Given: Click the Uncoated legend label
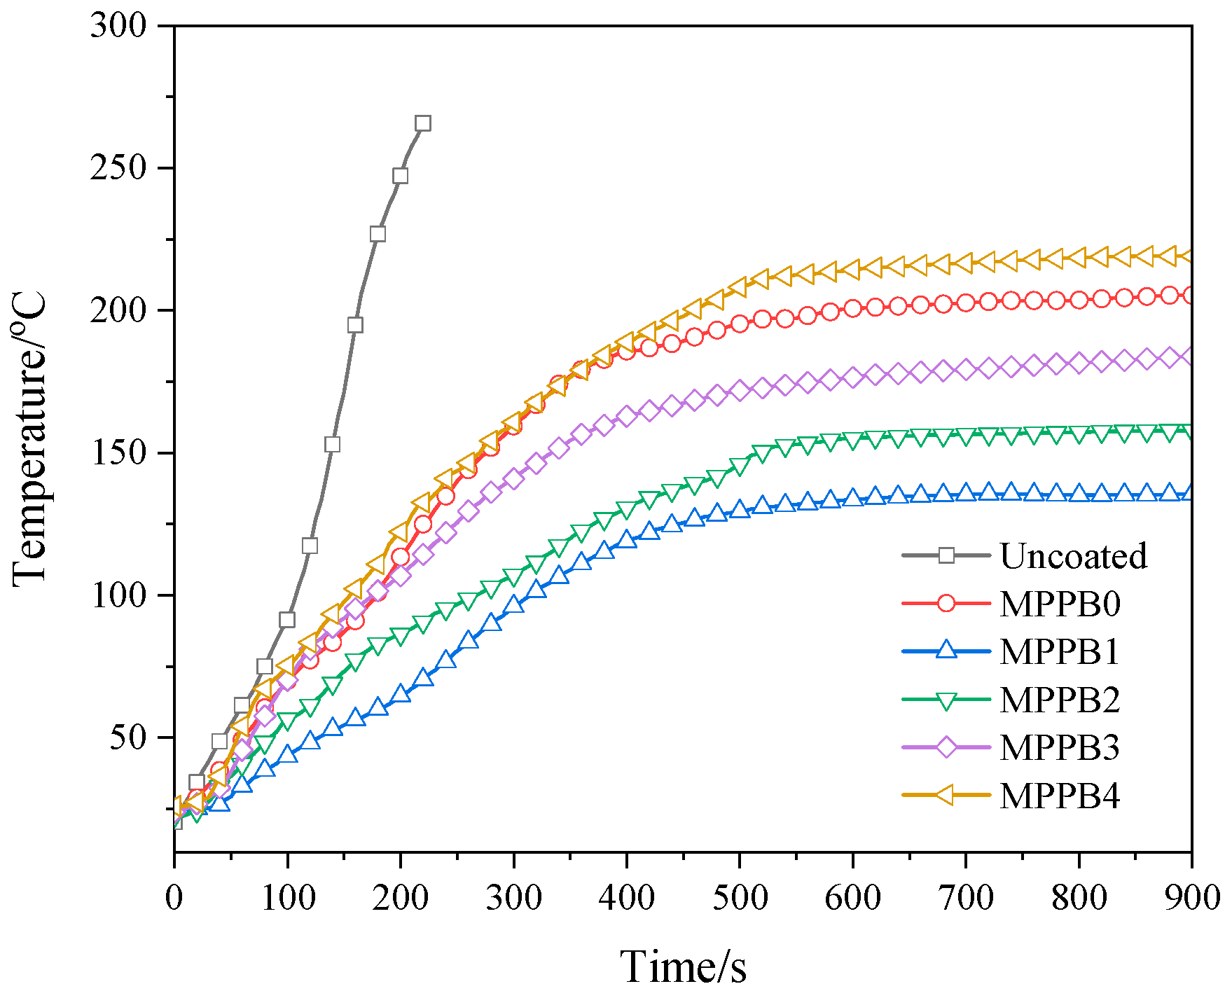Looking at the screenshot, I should pos(1073,556).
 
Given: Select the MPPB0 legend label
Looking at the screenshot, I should pos(1060,604).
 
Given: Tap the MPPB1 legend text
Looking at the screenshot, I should pos(1060,651).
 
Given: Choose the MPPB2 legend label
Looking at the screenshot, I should pos(1060,700).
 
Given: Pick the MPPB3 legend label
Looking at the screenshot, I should pos(1060,747).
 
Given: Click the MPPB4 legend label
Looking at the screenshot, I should pos(1060,796).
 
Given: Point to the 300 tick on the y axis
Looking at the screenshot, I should pos(118,27).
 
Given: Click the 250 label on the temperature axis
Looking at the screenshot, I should pos(118,169).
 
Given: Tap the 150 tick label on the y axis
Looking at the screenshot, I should pos(118,453).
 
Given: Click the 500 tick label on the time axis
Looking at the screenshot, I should pos(739,898).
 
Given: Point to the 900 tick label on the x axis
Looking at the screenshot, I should pos(1191,898).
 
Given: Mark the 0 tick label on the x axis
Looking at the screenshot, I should pos(174,898).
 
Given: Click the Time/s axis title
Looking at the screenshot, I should pos(683,967).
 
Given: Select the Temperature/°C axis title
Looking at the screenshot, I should pos(29,438).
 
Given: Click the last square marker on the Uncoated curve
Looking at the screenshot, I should pos(422,123).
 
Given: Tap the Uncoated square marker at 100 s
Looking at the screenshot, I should pos(286,620).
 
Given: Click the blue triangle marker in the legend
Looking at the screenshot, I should pos(946,650).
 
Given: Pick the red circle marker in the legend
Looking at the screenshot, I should pos(946,603).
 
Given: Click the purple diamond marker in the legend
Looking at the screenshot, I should pos(946,747).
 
